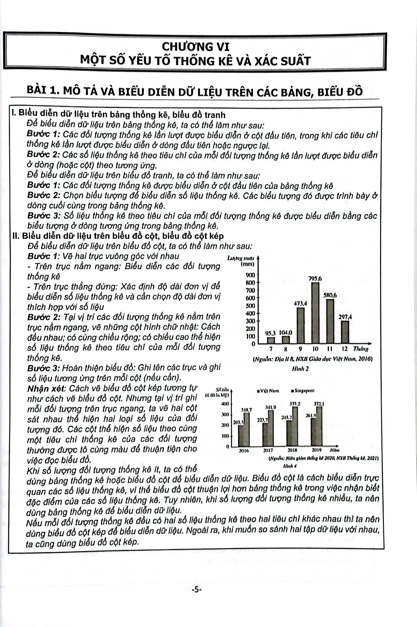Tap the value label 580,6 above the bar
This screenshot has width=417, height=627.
click(x=330, y=295)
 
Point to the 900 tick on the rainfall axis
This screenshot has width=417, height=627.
click(x=250, y=275)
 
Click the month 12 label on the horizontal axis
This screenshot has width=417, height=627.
click(x=345, y=349)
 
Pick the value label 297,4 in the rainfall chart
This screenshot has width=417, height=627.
click(x=345, y=317)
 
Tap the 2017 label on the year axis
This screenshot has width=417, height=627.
click(x=268, y=450)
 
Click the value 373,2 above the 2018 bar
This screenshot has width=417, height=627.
click(x=295, y=404)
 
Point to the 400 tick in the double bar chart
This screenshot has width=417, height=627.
click(x=225, y=404)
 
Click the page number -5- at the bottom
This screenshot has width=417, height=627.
click(x=197, y=590)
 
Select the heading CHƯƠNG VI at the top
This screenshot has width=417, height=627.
click(x=196, y=47)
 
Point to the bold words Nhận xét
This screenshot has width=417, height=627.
click(x=46, y=389)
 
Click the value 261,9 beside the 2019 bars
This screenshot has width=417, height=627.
click(x=311, y=415)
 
